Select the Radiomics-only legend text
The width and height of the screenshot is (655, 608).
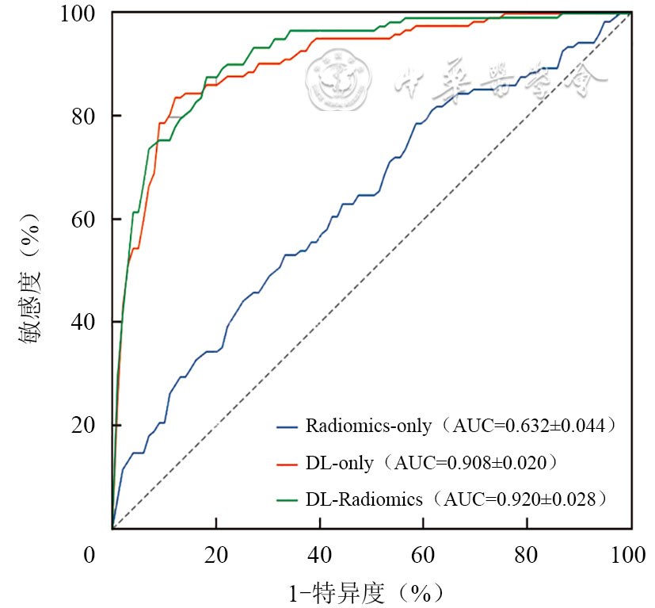point(368,426)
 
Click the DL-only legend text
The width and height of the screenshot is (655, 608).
point(339,462)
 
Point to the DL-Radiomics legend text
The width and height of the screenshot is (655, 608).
point(364,499)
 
